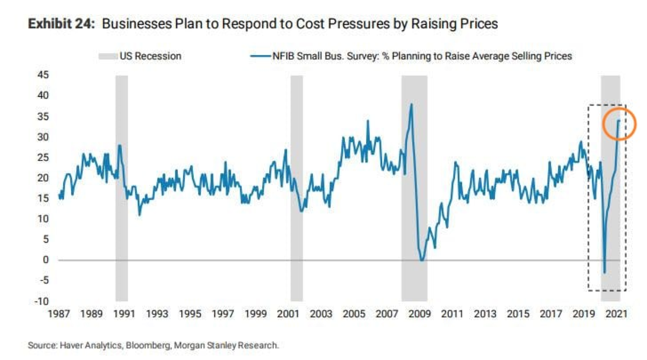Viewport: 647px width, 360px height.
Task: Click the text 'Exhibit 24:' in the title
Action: (x=61, y=24)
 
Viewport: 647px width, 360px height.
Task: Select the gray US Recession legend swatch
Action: (x=108, y=56)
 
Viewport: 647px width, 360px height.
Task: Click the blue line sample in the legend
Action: (x=260, y=56)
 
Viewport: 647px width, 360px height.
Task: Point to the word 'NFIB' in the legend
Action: (x=283, y=56)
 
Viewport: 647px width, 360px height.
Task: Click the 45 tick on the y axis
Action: (x=43, y=75)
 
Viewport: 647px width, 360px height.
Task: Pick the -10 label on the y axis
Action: (x=41, y=301)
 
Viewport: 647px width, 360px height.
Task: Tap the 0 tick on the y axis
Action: (x=46, y=260)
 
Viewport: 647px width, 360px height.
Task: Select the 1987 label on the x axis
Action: (x=59, y=314)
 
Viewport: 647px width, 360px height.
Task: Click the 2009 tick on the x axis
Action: (x=420, y=314)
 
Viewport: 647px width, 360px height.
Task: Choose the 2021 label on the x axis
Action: (x=616, y=314)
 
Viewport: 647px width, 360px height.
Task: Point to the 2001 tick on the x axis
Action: (x=288, y=314)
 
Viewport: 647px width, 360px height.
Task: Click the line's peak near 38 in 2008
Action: (x=412, y=104)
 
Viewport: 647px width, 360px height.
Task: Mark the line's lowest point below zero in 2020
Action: (x=605, y=273)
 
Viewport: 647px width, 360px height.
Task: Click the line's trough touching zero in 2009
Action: (x=422, y=260)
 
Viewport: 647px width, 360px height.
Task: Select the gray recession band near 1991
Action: (x=121, y=188)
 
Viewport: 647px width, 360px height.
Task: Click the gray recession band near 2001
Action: (x=296, y=188)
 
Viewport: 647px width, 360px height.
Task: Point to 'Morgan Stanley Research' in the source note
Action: (x=226, y=346)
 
